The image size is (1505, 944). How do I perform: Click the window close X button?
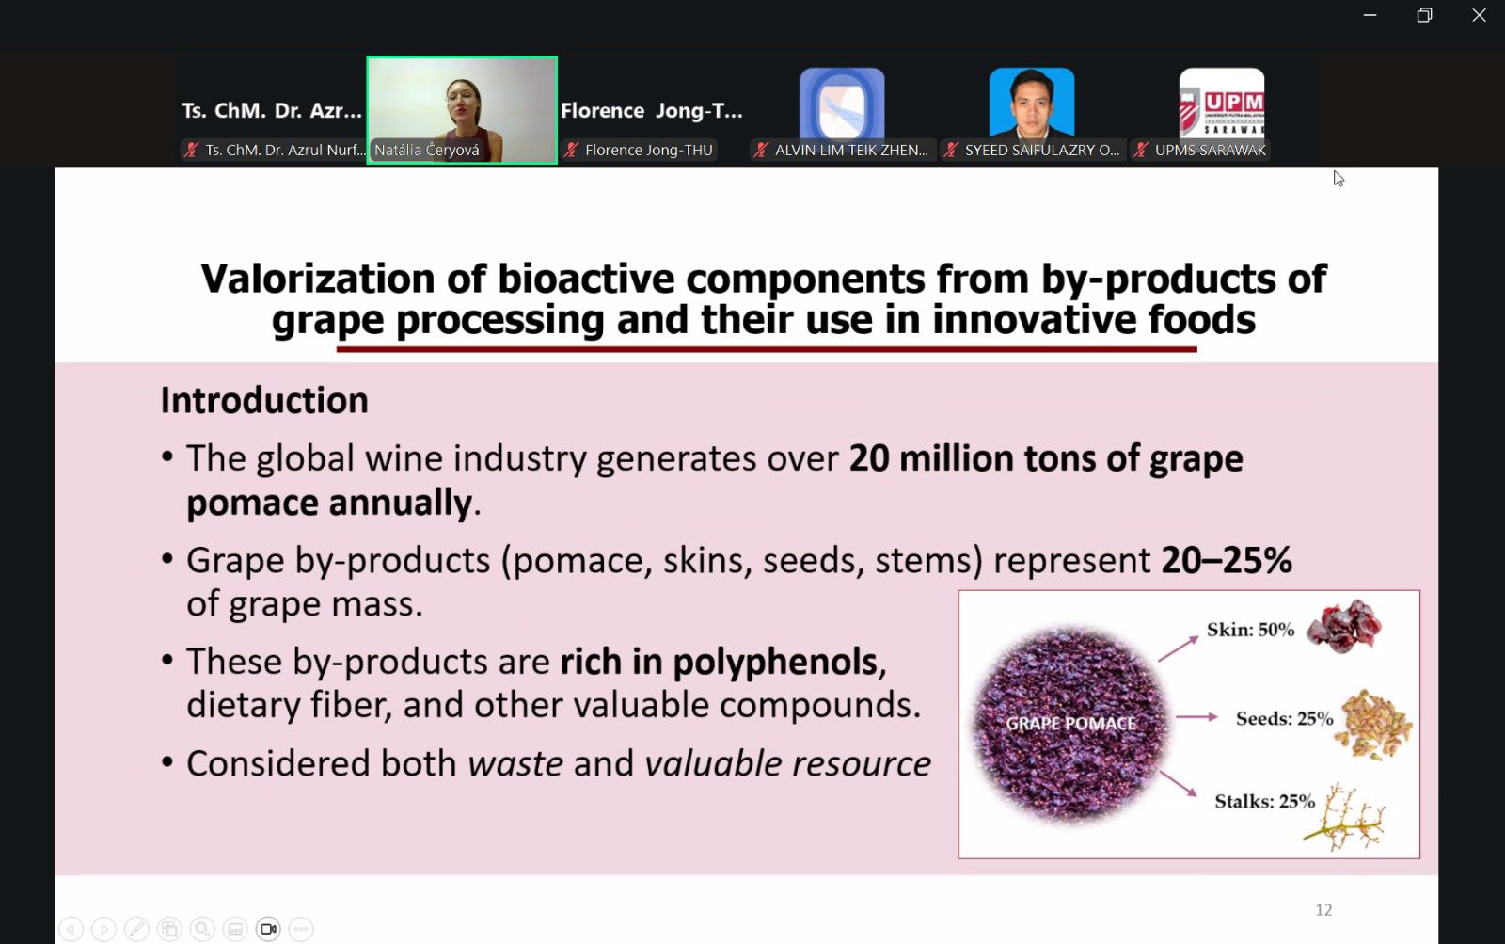1479,15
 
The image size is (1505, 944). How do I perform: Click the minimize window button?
1370,15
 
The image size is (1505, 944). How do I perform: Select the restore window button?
1424,15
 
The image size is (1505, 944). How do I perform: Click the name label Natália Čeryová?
427,150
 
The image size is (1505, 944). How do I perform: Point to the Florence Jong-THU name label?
648,150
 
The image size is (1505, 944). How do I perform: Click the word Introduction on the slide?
264,401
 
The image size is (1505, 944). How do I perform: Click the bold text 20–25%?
1227,559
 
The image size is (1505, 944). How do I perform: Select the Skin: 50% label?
1250,630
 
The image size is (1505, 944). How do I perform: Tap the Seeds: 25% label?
1284,718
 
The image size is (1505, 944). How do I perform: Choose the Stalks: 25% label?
1264,802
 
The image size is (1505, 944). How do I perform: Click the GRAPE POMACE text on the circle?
1070,724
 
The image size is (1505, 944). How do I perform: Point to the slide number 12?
1323,910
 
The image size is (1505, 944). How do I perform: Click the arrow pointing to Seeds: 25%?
1196,717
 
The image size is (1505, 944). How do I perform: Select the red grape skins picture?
1344,627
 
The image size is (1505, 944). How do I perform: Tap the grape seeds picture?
1373,725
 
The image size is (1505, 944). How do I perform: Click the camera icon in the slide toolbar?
268,929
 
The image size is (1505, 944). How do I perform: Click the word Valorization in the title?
318,279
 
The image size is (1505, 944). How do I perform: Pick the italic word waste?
515,764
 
